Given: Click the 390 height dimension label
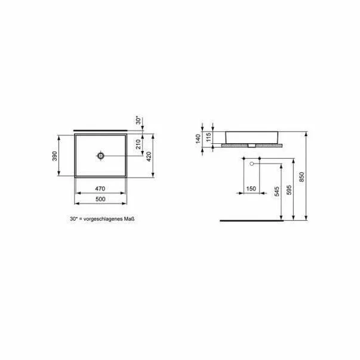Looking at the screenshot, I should tap(54, 156).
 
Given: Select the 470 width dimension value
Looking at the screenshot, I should tap(100, 188).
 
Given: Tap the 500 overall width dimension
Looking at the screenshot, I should tap(100, 198).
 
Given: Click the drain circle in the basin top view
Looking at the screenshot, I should tap(100, 156).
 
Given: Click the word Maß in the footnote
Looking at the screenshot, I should tap(128, 220).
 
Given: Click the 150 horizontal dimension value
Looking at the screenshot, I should tap(251, 189).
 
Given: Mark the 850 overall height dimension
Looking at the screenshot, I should tap(301, 177).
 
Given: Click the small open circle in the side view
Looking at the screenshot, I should tap(252, 163).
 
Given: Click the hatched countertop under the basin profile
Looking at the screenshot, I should tap(251, 145).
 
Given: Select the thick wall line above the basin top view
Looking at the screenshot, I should tap(100, 128).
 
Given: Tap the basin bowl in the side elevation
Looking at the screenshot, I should tap(250, 136).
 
